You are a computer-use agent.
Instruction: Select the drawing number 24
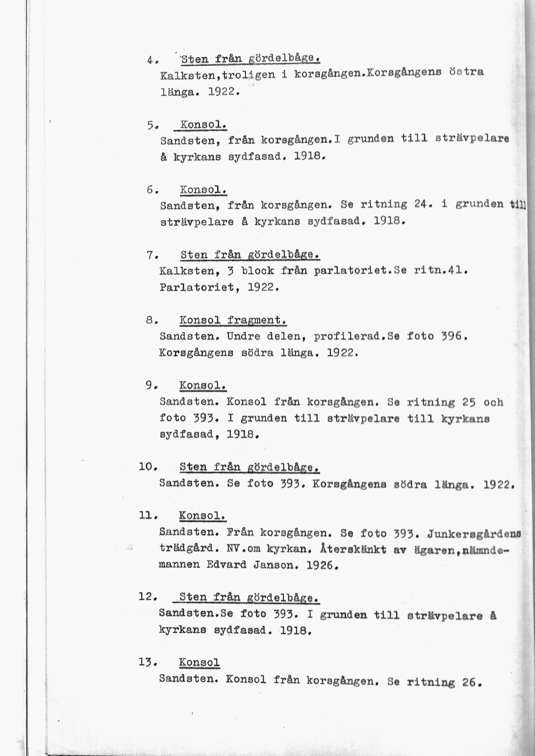(x=422, y=205)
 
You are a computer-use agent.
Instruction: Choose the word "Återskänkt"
(x=353, y=549)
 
